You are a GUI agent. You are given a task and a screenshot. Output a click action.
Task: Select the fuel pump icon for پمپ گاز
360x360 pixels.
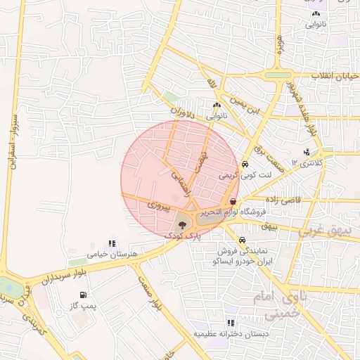tap(84, 295)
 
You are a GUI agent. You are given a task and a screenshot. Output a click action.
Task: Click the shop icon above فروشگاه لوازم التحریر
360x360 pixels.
tap(233, 201)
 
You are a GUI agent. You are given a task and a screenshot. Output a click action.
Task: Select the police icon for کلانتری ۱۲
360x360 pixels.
tap(307, 152)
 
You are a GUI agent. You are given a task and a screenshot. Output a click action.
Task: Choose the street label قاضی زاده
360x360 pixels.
tap(283, 200)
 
